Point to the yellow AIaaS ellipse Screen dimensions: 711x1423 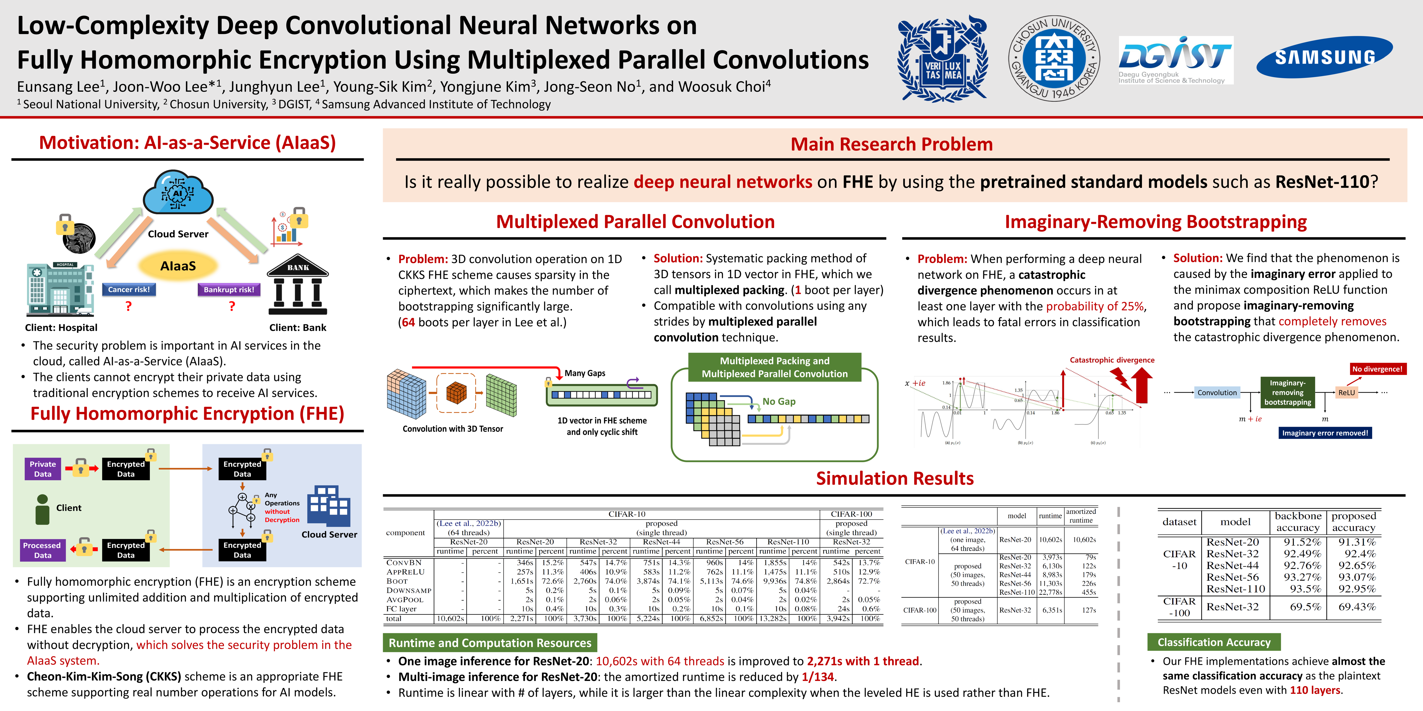coord(178,266)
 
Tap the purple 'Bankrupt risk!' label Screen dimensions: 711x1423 coord(229,289)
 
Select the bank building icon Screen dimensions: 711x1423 coord(298,286)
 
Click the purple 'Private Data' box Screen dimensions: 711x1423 coord(43,469)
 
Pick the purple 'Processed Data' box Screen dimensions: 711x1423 coord(42,550)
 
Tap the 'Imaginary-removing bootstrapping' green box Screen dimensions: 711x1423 coord(1287,392)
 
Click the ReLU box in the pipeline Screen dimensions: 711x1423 coord(1346,392)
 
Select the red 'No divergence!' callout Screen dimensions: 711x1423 coord(1377,369)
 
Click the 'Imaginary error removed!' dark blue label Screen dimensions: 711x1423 coord(1325,433)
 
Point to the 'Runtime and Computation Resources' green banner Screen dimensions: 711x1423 coord(489,643)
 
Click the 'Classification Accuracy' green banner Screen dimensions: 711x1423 coord(1214,642)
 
